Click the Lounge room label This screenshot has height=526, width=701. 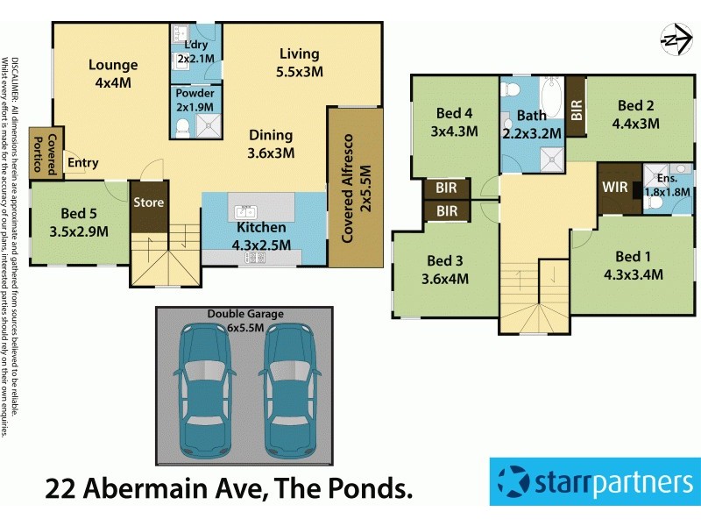pyautogui.click(x=112, y=74)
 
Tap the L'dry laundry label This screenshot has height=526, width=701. pyautogui.click(x=195, y=52)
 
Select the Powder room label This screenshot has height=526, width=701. pyautogui.click(x=195, y=101)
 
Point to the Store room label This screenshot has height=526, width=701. pyautogui.click(x=148, y=203)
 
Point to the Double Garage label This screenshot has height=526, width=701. pyautogui.click(x=245, y=318)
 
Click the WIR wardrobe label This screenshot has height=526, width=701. pyautogui.click(x=614, y=187)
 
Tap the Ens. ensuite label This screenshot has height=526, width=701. pyautogui.click(x=666, y=184)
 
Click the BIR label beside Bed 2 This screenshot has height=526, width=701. pyautogui.click(x=576, y=106)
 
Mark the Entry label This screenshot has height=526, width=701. pyautogui.click(x=83, y=162)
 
